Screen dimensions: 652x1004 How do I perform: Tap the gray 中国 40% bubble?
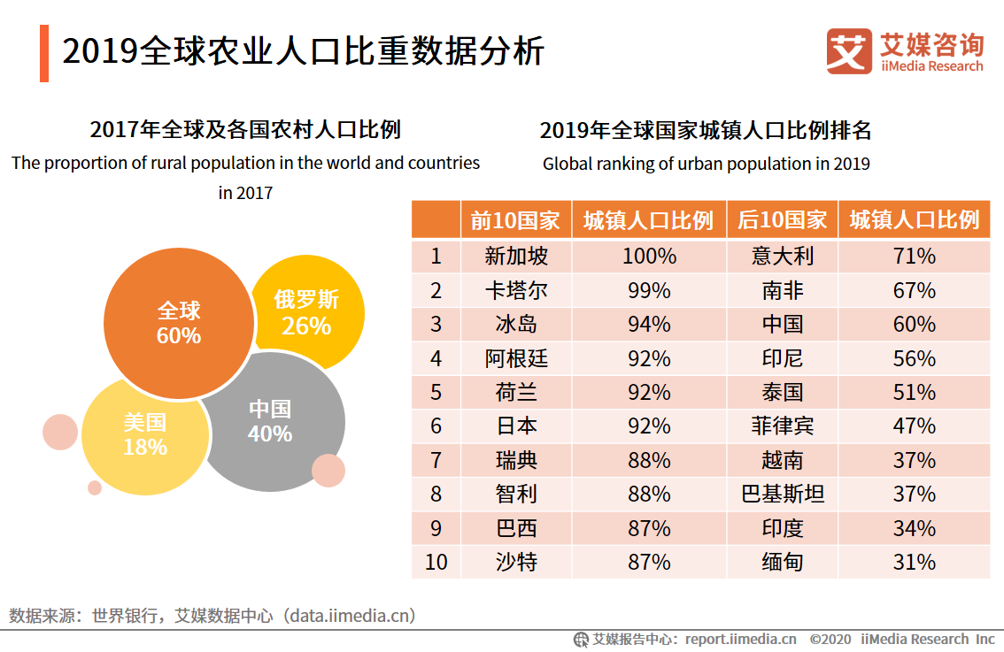pyautogui.click(x=270, y=422)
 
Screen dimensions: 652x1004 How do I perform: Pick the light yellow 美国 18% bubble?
pyautogui.click(x=144, y=434)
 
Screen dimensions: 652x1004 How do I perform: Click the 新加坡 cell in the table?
pyautogui.click(x=516, y=257)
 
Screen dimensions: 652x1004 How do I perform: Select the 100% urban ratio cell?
pyautogui.click(x=648, y=257)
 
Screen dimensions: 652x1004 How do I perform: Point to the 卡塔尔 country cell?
pyautogui.click(x=516, y=291)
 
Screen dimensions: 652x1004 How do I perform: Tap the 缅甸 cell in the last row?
pyautogui.click(x=783, y=562)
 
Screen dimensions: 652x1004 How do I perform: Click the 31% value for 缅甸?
pyautogui.click(x=914, y=562)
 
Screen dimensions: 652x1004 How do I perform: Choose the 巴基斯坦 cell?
pyautogui.click(x=783, y=494)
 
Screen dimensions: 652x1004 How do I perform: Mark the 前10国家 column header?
pyautogui.click(x=516, y=220)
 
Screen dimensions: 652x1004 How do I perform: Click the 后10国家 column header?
pyautogui.click(x=783, y=220)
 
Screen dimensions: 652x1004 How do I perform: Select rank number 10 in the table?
pyautogui.click(x=436, y=562)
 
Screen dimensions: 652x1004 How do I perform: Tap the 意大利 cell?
pyautogui.click(x=783, y=257)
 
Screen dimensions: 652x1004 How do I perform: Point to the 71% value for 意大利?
pyautogui.click(x=914, y=257)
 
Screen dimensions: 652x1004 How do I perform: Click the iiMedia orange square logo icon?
pyautogui.click(x=849, y=51)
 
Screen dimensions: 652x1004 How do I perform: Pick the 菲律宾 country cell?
pyautogui.click(x=783, y=426)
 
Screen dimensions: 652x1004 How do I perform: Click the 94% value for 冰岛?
pyautogui.click(x=648, y=325)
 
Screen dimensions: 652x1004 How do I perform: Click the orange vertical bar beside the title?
pyautogui.click(x=44, y=54)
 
